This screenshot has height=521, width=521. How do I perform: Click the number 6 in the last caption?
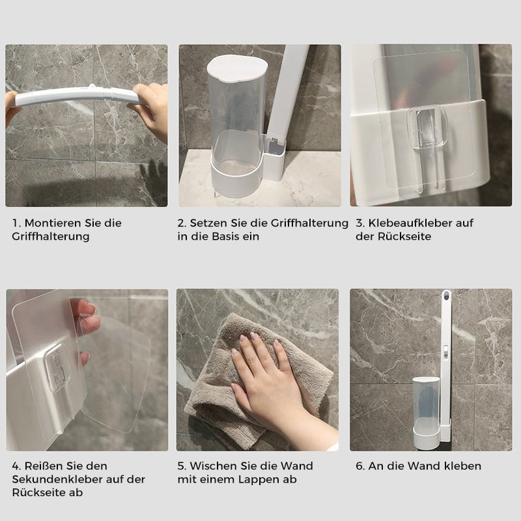pos(359,466)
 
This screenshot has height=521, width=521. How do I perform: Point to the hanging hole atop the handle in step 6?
pos(447,297)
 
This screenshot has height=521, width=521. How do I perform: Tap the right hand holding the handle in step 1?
pos(153,107)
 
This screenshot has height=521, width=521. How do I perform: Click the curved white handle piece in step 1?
pos(78,97)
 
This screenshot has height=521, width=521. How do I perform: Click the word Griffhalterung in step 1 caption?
pos(51,236)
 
